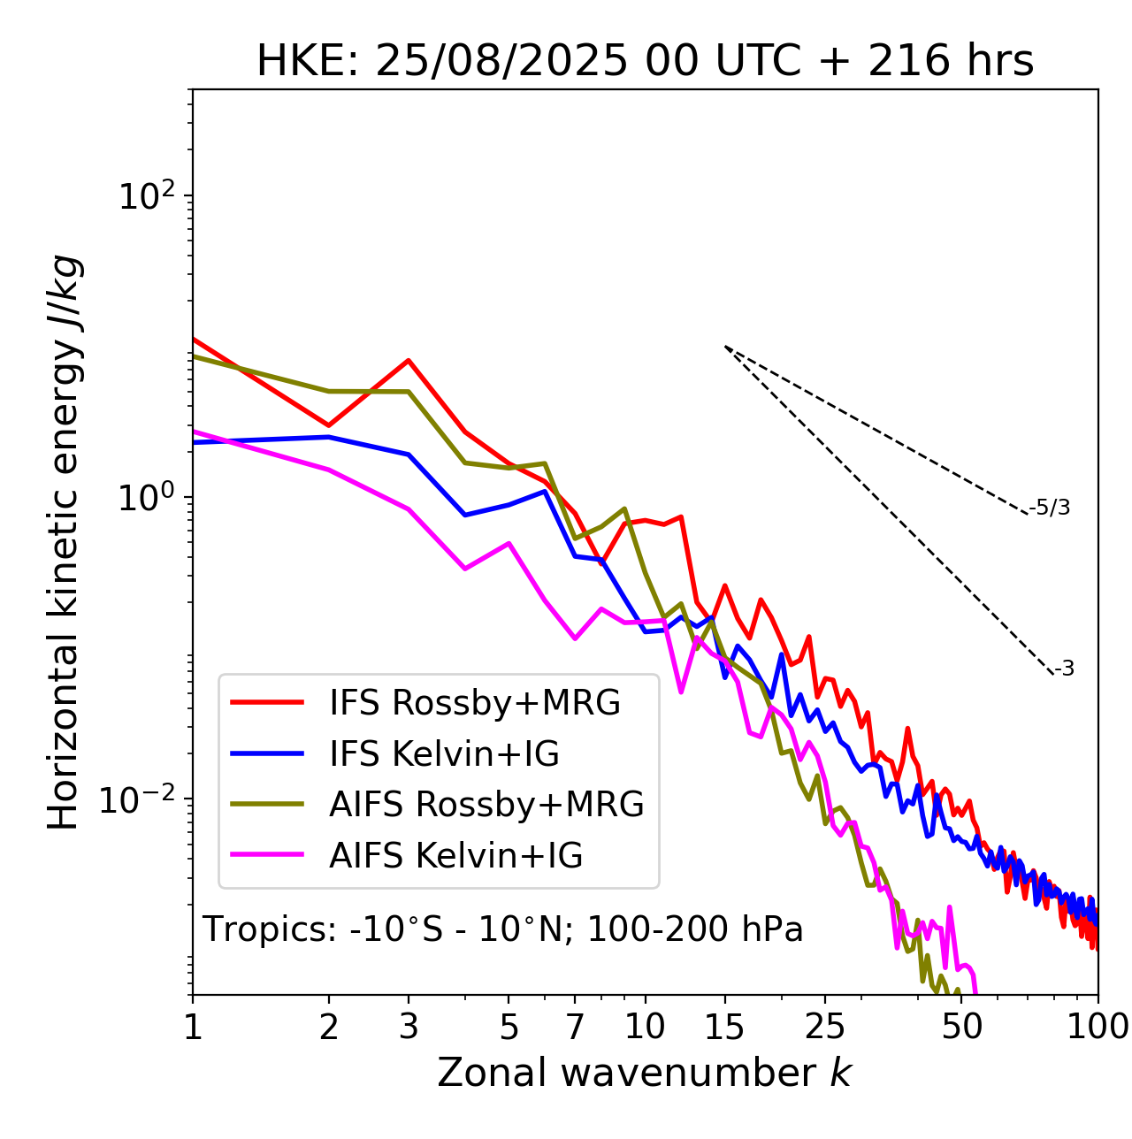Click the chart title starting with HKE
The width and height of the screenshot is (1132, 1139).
pos(645,62)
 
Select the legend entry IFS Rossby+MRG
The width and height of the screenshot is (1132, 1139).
pos(475,703)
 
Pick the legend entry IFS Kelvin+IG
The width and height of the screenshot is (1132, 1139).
pos(444,753)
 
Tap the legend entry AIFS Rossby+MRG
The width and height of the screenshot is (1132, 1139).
pos(486,805)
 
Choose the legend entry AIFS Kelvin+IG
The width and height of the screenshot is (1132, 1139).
pos(455,855)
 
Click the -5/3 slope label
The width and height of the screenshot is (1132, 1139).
pos(1050,508)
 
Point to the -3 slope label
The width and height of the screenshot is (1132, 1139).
pos(1064,669)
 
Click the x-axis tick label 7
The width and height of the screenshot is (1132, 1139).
pos(575,1027)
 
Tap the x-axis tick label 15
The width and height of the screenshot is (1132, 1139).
pos(724,1027)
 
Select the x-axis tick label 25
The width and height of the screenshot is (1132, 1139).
pos(825,1027)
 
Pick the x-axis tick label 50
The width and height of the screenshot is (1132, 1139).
pos(961,1027)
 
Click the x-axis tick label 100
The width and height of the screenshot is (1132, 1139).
pos(1098,1027)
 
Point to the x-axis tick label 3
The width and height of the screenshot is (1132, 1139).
pos(409,1027)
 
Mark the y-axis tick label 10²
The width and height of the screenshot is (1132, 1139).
pos(146,196)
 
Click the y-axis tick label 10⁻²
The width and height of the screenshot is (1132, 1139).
pos(141,799)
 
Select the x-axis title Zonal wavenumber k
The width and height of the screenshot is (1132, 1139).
pos(645,1073)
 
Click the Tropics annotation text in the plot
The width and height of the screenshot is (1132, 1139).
pos(503,929)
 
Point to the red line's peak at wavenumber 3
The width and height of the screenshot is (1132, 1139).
pos(409,360)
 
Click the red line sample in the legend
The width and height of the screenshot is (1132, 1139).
pos(267,703)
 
